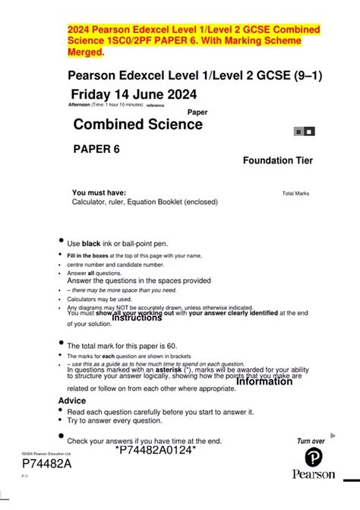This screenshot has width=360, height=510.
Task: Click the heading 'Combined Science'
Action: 137,125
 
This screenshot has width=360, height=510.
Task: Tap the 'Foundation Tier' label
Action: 277,160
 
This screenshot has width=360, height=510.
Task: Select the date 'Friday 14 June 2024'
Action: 134,94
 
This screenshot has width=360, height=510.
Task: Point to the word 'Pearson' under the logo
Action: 314,474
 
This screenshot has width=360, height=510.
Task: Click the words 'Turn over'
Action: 311,441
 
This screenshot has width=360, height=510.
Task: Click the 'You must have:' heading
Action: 99,193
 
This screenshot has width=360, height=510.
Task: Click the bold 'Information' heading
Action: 264,382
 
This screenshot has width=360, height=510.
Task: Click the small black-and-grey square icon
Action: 304,131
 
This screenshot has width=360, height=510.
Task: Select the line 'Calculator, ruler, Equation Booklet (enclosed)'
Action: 144,202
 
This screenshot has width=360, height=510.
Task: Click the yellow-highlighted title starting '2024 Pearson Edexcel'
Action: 194,40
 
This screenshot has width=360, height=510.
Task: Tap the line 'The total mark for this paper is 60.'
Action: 132,346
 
